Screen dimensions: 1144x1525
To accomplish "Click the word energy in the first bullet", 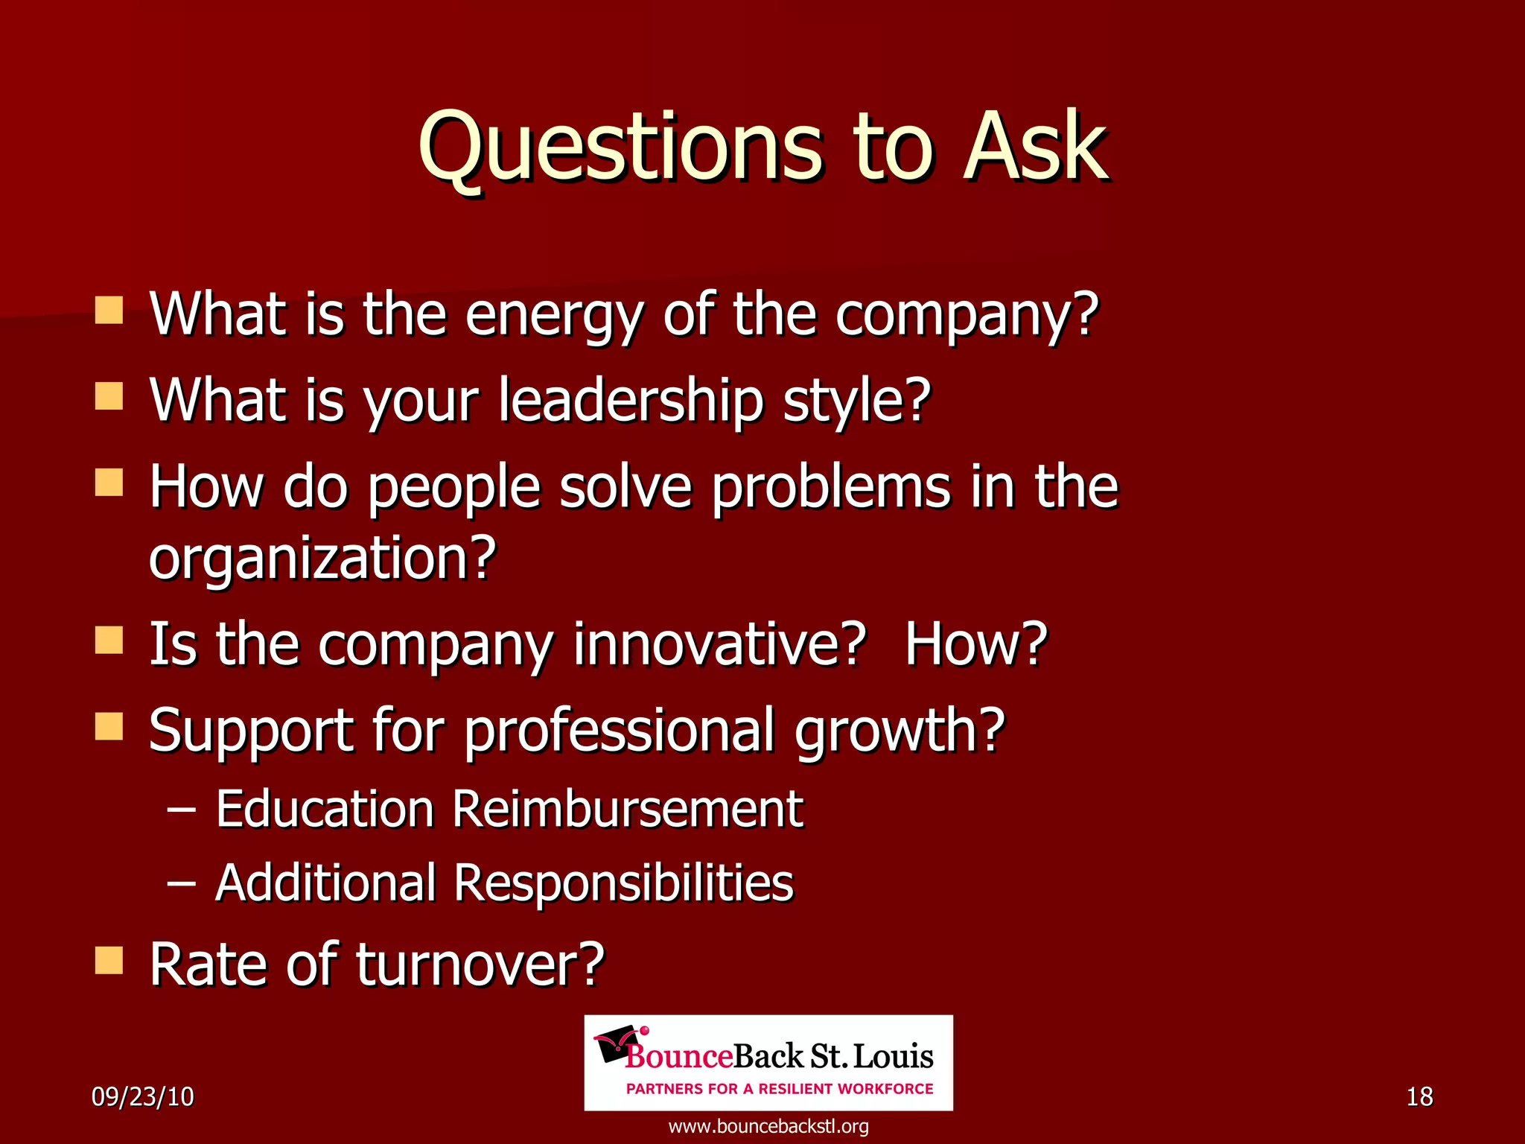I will (553, 315).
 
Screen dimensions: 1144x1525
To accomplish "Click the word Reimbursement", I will (628, 809).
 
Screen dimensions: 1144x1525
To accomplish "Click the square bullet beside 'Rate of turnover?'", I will (109, 961).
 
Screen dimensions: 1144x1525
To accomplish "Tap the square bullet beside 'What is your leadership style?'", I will (109, 397).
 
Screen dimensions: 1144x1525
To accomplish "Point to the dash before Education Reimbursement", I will (182, 809).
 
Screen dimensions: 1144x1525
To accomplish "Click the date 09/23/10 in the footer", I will (142, 1097).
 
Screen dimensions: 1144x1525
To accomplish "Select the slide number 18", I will (1419, 1097).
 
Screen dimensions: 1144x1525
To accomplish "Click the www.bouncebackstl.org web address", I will (768, 1126).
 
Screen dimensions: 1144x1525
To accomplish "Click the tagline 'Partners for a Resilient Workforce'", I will (780, 1089).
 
